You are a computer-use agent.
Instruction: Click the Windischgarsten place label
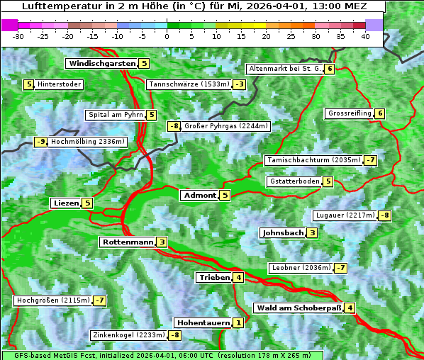point(101,64)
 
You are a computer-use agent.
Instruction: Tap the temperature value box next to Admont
point(225,196)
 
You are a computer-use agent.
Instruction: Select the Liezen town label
point(66,203)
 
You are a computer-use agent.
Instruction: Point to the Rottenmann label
point(128,242)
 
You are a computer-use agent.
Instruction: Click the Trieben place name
point(214,278)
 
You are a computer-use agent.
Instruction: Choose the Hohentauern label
point(203,323)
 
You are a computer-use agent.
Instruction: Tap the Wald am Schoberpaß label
point(299,308)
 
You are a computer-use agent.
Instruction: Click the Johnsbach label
point(283,232)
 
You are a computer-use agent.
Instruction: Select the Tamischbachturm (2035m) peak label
point(312,161)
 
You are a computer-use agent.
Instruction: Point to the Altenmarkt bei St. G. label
point(284,69)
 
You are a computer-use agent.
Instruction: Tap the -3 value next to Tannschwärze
point(240,85)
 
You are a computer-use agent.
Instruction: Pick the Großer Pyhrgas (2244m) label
point(226,126)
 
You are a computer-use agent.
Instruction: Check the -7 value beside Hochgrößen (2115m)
point(99,301)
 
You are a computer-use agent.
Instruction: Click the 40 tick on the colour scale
point(365,35)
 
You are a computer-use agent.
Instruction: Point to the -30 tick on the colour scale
point(18,35)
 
